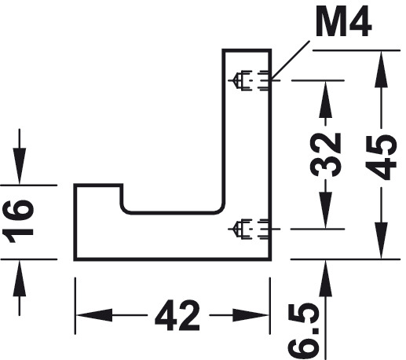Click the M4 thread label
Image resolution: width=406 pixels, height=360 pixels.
point(343,22)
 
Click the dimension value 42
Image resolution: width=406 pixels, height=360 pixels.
point(177,315)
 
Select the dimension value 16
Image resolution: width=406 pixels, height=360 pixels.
point(18,222)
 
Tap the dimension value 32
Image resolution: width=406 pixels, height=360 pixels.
point(325,155)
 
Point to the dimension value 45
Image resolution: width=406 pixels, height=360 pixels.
point(381,157)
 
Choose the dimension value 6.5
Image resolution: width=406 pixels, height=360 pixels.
point(304,331)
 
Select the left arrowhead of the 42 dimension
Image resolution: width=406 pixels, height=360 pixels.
point(93,315)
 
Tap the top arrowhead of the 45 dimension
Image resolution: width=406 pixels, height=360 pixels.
point(381,68)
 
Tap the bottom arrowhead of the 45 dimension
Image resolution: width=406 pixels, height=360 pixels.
point(381,241)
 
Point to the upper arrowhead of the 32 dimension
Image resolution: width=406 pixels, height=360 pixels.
point(325,99)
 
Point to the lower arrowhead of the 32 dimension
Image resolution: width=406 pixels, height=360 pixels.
point(325,210)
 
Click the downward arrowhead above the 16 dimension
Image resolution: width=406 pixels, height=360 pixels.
point(20,166)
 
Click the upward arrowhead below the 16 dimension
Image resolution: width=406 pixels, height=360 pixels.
point(20,277)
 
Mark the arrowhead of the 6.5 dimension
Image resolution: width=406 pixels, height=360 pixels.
point(325,278)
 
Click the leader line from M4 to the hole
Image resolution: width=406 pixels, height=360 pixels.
point(290,60)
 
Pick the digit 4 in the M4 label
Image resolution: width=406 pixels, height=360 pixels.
point(360,22)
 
